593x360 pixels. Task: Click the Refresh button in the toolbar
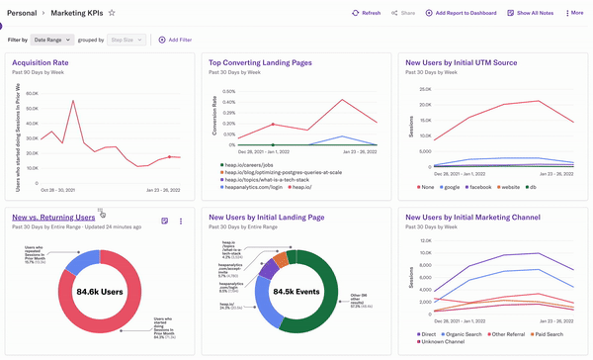pyautogui.click(x=366, y=13)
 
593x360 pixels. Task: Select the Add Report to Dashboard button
pyautogui.click(x=461, y=13)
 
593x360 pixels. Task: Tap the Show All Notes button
pyautogui.click(x=530, y=13)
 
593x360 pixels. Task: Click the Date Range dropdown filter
pyautogui.click(x=51, y=40)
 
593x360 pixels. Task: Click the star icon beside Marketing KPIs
pyautogui.click(x=112, y=13)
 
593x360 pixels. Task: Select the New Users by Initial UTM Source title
pyautogui.click(x=474, y=61)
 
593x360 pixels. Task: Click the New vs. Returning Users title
pyautogui.click(x=53, y=217)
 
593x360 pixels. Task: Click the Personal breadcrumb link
pyautogui.click(x=22, y=13)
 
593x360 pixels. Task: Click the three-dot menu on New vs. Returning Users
pyautogui.click(x=181, y=222)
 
